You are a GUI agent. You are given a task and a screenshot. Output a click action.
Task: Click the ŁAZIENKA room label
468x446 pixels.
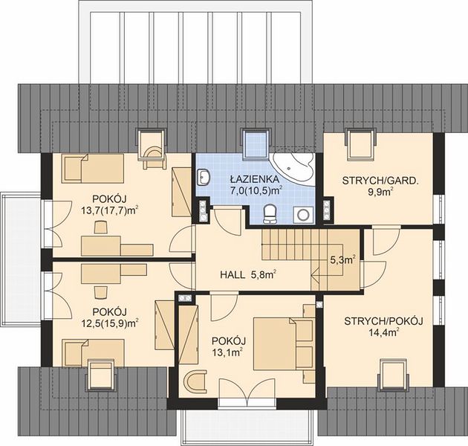(x=255, y=180)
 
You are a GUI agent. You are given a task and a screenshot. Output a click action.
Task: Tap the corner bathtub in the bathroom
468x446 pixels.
(x=295, y=167)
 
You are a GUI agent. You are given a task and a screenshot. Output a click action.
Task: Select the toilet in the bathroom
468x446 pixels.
(x=270, y=214)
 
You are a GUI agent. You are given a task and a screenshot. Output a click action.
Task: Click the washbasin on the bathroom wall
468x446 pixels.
(x=204, y=177)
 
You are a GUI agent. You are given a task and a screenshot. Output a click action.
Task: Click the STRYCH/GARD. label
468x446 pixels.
(x=380, y=181)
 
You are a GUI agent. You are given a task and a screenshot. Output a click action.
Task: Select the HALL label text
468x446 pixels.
(x=233, y=275)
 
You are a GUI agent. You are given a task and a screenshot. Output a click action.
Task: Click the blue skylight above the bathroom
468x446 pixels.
(x=256, y=144)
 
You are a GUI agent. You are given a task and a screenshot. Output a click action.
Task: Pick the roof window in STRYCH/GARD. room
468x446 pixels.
(x=360, y=144)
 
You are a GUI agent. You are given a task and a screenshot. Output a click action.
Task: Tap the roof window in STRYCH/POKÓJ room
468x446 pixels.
(x=394, y=375)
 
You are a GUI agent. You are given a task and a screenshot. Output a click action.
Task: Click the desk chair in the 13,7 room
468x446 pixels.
(x=100, y=227)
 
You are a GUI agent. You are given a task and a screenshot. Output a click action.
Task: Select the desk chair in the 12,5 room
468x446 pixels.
(x=100, y=292)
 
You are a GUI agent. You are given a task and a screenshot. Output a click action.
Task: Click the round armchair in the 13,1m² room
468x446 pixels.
(x=195, y=382)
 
